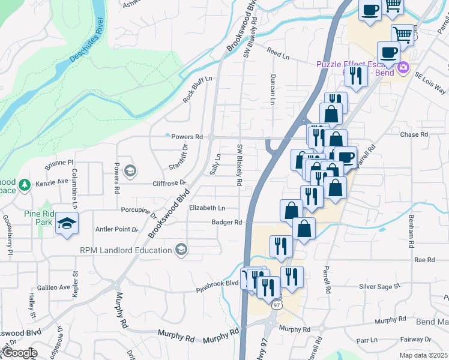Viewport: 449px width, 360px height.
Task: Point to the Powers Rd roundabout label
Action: click(187, 137)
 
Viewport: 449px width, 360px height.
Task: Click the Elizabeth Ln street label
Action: click(206, 208)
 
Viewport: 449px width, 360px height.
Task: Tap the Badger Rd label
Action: click(226, 222)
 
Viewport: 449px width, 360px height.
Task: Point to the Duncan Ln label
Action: click(273, 90)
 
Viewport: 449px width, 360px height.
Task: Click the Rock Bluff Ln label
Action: click(197, 89)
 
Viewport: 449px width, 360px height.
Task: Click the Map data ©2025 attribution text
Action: click(423, 355)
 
